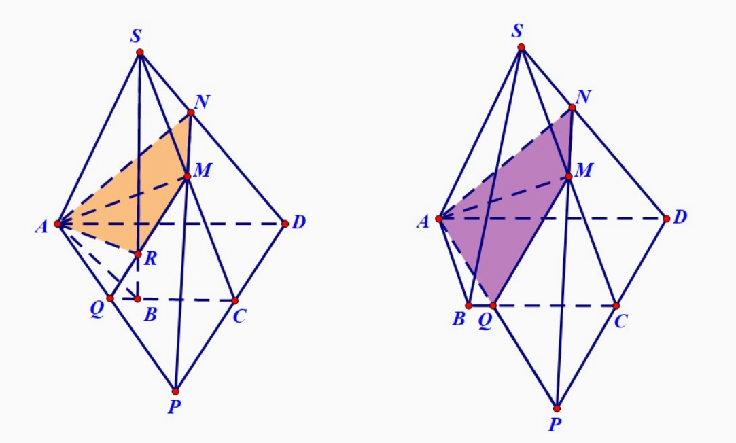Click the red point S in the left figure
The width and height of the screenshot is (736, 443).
pyautogui.click(x=140, y=52)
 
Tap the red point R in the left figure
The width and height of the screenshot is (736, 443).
pyautogui.click(x=137, y=254)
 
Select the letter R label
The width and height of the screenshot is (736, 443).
pyautogui.click(x=150, y=259)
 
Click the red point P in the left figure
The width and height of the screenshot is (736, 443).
pyautogui.click(x=175, y=391)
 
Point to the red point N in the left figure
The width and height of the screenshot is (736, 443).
pyautogui.click(x=191, y=113)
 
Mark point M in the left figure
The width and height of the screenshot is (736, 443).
pyautogui.click(x=188, y=177)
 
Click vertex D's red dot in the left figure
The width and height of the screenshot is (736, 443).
pyautogui.click(x=285, y=224)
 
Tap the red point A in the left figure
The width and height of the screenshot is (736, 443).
pyautogui.click(x=58, y=224)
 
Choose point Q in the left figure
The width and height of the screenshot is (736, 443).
pyautogui.click(x=110, y=298)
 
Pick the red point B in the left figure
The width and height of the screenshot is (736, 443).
pyautogui.click(x=137, y=299)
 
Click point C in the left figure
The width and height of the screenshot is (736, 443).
pyautogui.click(x=235, y=300)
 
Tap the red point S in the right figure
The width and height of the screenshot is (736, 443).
pyautogui.click(x=521, y=47)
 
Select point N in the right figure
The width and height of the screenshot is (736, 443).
pyautogui.click(x=572, y=107)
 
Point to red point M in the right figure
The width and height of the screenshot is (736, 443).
pyautogui.click(x=569, y=177)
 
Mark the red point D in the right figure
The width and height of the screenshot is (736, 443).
pyautogui.click(x=667, y=219)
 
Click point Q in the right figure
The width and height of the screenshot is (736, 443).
pyautogui.click(x=493, y=306)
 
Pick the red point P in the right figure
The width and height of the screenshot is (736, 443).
pyautogui.click(x=557, y=408)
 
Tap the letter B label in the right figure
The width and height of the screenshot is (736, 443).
pyautogui.click(x=459, y=319)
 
